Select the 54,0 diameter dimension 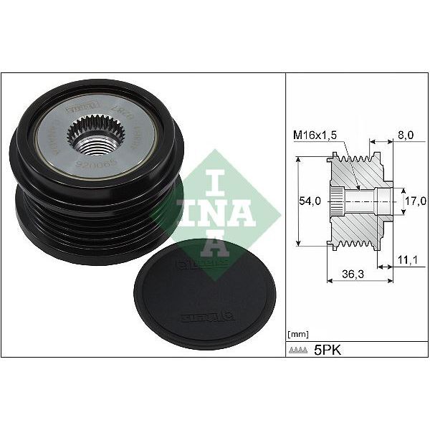coord(310,203)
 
